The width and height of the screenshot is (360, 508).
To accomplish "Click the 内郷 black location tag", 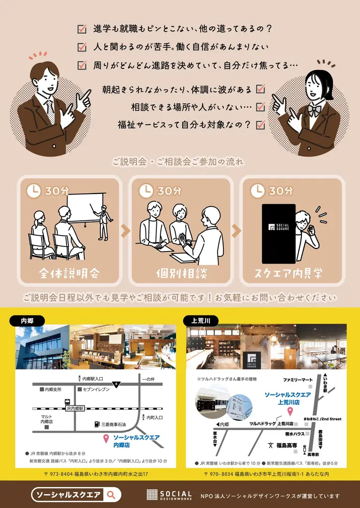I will [x=26, y=320].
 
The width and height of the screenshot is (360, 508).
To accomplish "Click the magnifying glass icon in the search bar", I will [x=112, y=494].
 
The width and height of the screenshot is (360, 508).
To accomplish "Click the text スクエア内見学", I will [x=291, y=273].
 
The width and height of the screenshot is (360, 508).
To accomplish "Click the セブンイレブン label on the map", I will [x=97, y=389].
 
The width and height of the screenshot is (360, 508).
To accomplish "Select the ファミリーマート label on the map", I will [x=299, y=380].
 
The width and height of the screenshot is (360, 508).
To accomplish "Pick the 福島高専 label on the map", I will [x=286, y=445].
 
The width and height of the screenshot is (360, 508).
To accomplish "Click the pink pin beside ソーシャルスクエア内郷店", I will [x=106, y=438].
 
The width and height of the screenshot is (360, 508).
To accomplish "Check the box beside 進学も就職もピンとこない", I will [x=82, y=29].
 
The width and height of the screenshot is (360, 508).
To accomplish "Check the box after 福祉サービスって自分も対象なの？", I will [x=260, y=125].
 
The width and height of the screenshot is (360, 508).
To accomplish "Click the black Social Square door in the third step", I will [x=279, y=233].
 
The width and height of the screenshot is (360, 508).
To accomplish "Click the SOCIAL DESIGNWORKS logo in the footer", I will [x=169, y=495].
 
